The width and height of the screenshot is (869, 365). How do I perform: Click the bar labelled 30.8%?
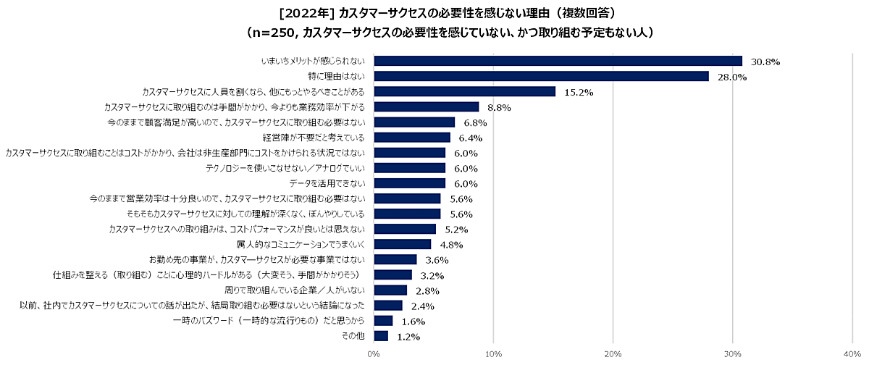(x=558, y=61)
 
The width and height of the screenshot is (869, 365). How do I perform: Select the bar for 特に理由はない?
(x=541, y=76)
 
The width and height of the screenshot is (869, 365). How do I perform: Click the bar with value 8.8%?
(x=427, y=107)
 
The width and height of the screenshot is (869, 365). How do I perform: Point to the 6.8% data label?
(x=475, y=122)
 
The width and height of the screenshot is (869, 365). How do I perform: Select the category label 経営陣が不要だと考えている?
(x=313, y=138)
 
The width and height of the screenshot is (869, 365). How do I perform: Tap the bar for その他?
(x=381, y=336)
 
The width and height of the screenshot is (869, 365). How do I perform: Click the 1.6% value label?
(x=413, y=321)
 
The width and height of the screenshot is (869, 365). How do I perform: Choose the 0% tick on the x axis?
(x=374, y=354)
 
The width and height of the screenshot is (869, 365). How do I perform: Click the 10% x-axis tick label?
(x=493, y=354)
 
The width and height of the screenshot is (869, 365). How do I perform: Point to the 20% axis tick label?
(x=613, y=354)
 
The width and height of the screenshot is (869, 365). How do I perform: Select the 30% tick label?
(x=732, y=354)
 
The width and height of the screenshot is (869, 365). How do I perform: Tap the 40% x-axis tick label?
(x=852, y=354)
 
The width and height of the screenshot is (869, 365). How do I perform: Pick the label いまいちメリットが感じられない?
(x=313, y=62)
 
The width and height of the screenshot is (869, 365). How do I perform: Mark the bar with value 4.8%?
(x=402, y=244)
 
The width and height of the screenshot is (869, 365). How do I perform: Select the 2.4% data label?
(x=422, y=306)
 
